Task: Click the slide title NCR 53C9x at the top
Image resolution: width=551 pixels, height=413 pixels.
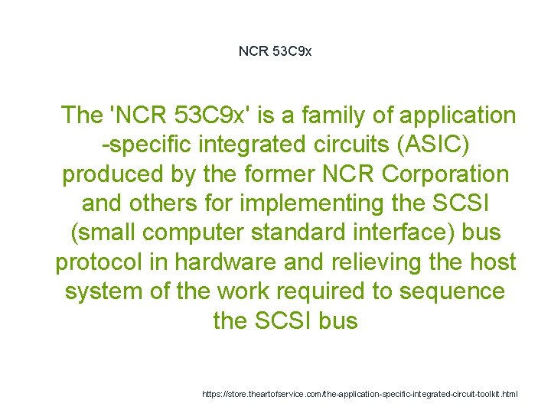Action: [275, 51]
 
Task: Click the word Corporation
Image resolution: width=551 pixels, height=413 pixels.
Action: [445, 174]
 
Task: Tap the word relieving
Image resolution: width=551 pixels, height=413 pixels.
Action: [378, 262]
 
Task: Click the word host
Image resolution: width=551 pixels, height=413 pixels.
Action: [492, 262]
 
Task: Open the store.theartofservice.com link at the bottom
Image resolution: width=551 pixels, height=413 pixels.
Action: [360, 394]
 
